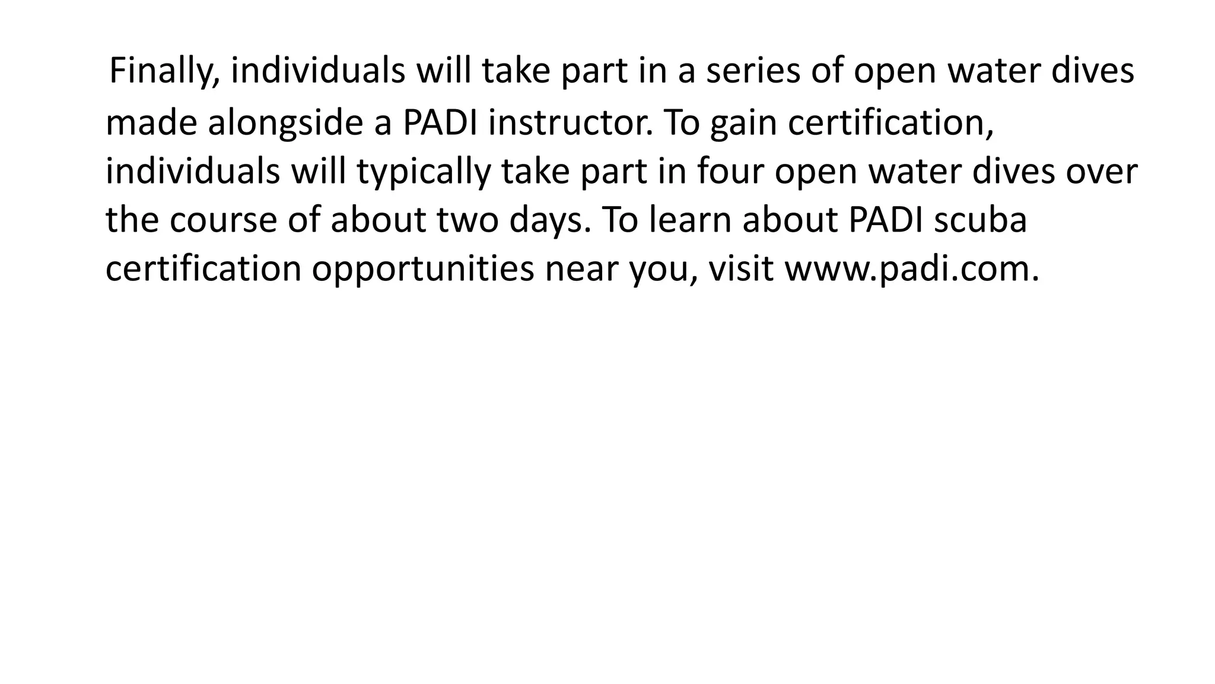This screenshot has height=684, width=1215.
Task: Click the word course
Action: [x=223, y=220]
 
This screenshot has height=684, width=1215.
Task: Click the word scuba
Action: [x=980, y=220]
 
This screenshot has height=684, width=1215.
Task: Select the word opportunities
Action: [x=423, y=269]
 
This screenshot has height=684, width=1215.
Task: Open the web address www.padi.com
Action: [x=912, y=269]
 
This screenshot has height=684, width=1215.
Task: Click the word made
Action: [x=151, y=123]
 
